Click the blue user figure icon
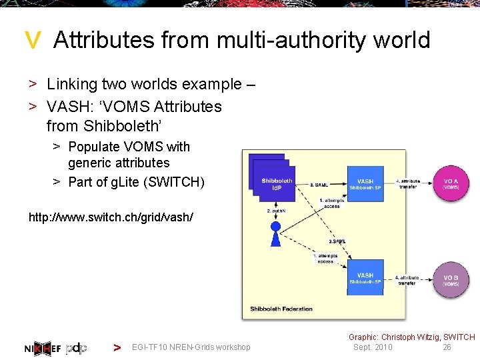275,230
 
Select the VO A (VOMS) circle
451,183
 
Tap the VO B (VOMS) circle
451,279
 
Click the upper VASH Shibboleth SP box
365,184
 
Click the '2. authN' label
276,211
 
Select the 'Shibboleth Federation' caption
281,309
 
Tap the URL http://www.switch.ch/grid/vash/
111,217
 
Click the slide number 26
447,347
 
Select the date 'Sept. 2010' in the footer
373,347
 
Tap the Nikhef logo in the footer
43,347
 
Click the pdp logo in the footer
77,347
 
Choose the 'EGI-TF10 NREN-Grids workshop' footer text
191,347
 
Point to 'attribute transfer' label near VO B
407,280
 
